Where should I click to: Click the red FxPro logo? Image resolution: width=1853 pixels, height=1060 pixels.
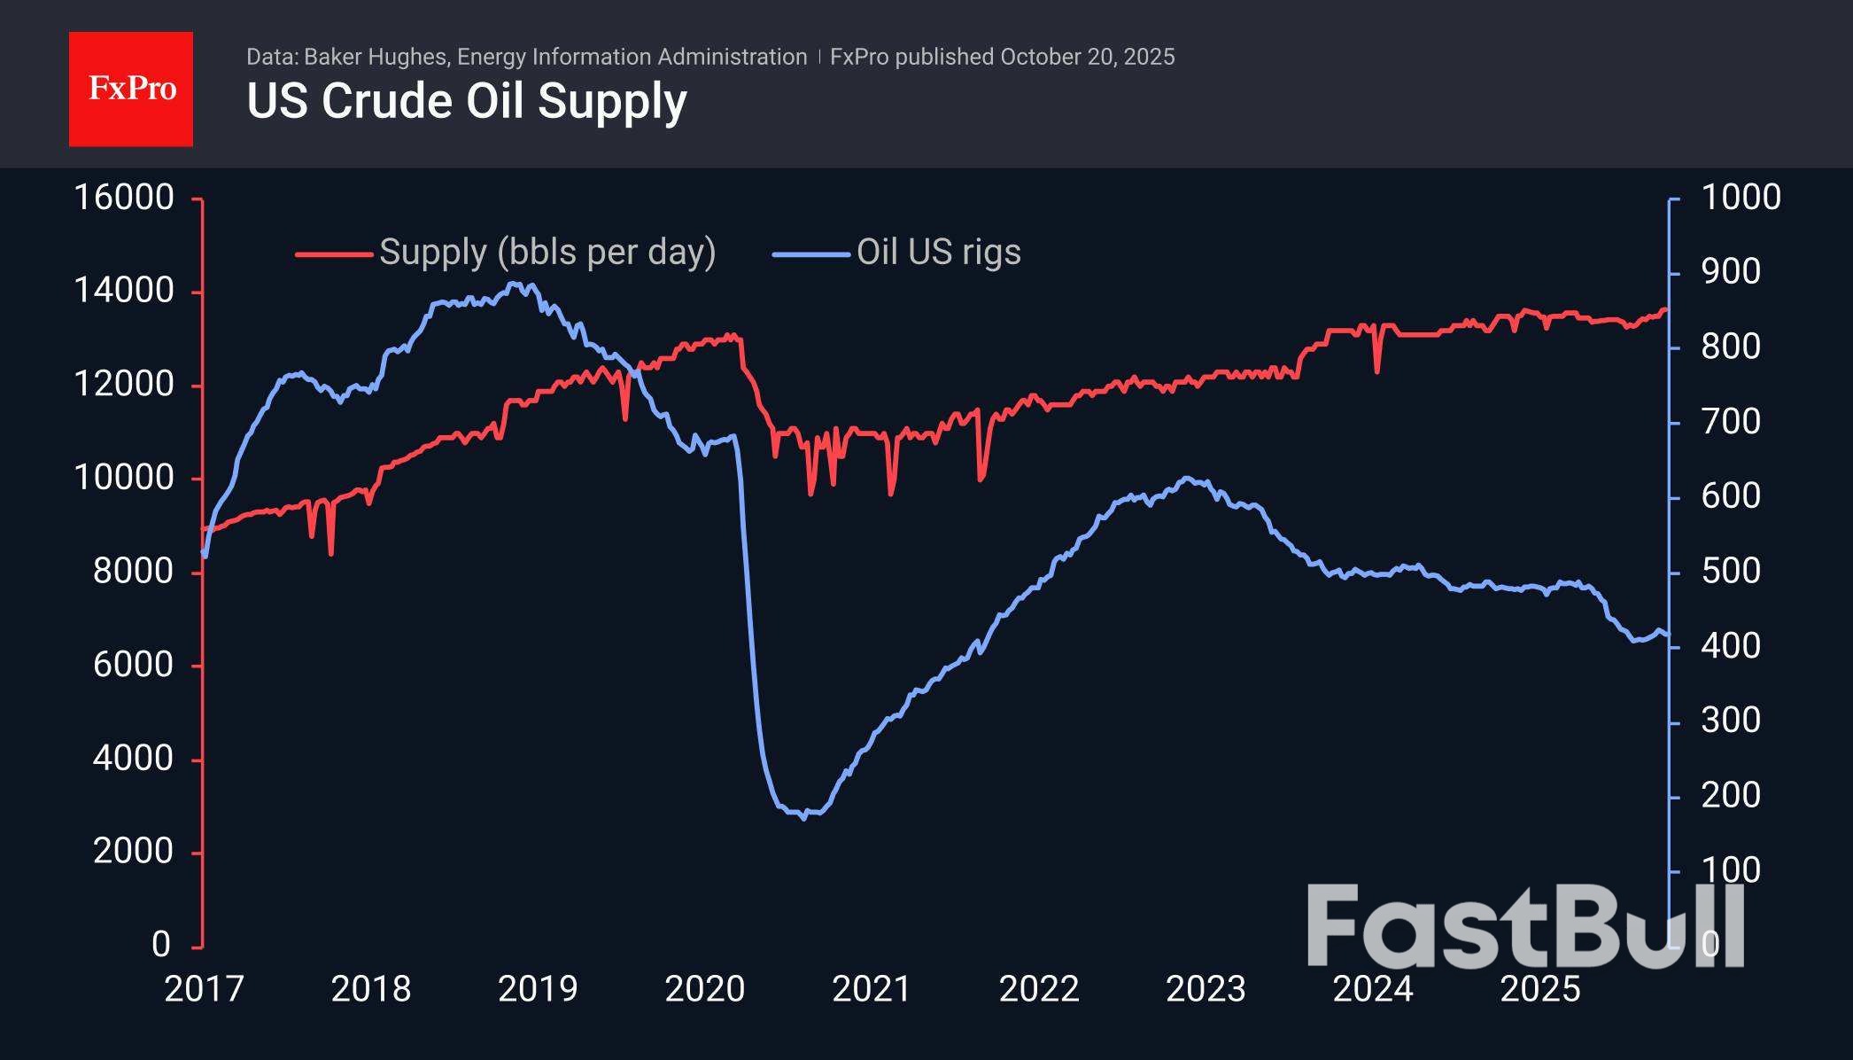[131, 89]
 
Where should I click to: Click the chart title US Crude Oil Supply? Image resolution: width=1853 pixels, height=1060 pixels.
[466, 101]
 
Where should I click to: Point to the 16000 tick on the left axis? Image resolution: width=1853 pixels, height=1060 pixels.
[123, 198]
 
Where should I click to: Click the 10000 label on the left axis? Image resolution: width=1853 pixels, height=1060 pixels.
[123, 479]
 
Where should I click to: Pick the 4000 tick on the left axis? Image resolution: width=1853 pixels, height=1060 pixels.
[133, 759]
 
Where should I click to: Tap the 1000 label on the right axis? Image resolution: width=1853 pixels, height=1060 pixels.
[1740, 198]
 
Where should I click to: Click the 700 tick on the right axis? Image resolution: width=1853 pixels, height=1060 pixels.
[1730, 422]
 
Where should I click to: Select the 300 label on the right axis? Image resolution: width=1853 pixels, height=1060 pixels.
[1730, 721]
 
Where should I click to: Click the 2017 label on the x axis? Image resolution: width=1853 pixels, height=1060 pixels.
[204, 989]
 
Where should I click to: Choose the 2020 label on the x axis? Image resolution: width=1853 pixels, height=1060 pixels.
[704, 989]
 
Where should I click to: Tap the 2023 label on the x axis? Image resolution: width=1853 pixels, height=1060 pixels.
[1206, 989]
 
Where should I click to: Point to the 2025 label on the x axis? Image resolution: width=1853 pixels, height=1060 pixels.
[1539, 989]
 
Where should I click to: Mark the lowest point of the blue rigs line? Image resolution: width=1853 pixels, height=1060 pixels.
[804, 818]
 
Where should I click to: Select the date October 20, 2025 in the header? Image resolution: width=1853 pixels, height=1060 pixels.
[1087, 58]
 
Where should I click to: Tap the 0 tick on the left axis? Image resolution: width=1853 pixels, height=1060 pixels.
[160, 945]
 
